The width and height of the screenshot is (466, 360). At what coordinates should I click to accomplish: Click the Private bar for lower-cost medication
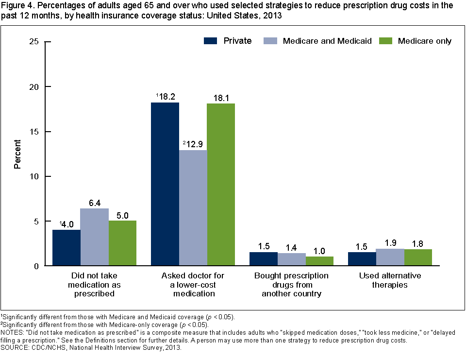[165, 184]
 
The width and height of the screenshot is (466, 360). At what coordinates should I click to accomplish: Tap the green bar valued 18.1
[221, 185]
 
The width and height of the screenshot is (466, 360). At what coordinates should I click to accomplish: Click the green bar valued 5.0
[122, 243]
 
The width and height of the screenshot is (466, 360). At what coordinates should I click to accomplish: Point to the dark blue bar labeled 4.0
[67, 248]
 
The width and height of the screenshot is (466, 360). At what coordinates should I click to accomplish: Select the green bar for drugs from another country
[319, 261]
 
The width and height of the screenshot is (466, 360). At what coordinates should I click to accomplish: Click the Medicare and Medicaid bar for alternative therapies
[390, 257]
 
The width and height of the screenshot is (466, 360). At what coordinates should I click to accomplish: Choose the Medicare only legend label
[425, 41]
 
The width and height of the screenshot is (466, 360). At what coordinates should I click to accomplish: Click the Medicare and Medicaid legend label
[327, 41]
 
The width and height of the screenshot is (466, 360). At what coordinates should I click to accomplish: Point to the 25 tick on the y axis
[33, 42]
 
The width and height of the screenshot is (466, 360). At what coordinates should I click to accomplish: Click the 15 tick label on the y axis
[33, 132]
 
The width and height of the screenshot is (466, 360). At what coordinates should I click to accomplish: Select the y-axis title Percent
[17, 154]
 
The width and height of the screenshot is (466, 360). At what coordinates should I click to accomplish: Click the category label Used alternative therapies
[390, 280]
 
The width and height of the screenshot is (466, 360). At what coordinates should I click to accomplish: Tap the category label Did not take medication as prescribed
[95, 285]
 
